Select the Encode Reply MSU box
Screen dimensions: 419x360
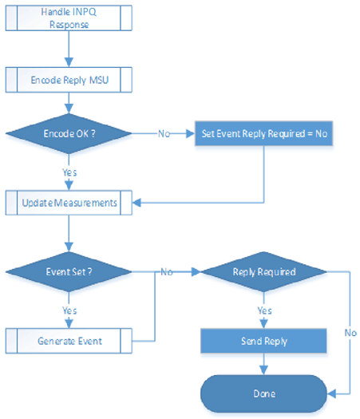coord(70,81)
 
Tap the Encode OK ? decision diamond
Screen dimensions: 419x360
coord(70,134)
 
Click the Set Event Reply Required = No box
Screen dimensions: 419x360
coord(263,134)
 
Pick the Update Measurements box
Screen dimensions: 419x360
coord(70,203)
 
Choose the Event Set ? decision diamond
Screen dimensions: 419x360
coord(70,271)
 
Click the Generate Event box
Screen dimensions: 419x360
coord(70,341)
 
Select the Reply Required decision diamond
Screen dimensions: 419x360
coord(263,271)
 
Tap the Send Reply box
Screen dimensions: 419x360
coord(263,341)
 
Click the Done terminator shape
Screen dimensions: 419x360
coord(263,393)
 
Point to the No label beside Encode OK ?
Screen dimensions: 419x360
coord(163,134)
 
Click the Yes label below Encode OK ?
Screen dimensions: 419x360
coord(70,170)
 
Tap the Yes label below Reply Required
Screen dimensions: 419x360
coord(263,309)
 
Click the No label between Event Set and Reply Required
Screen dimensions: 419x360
coord(167,271)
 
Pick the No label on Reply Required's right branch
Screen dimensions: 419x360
coord(350,331)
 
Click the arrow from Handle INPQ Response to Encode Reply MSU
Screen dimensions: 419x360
coord(70,50)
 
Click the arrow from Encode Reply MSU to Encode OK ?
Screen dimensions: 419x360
coord(70,104)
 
